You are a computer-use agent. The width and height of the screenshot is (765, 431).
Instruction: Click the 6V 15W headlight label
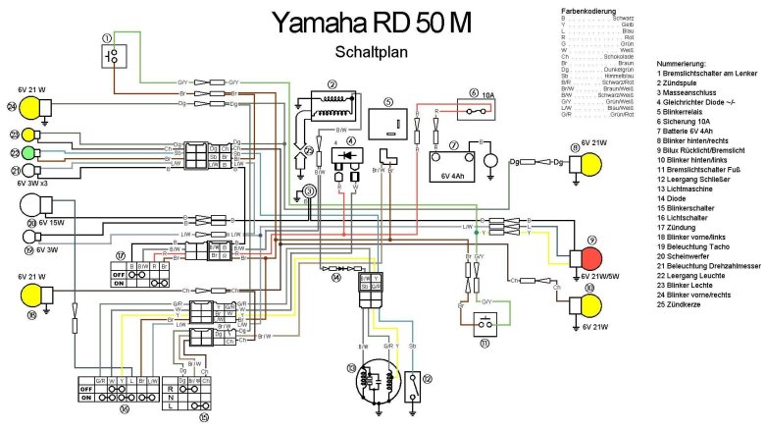coord(57,223)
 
